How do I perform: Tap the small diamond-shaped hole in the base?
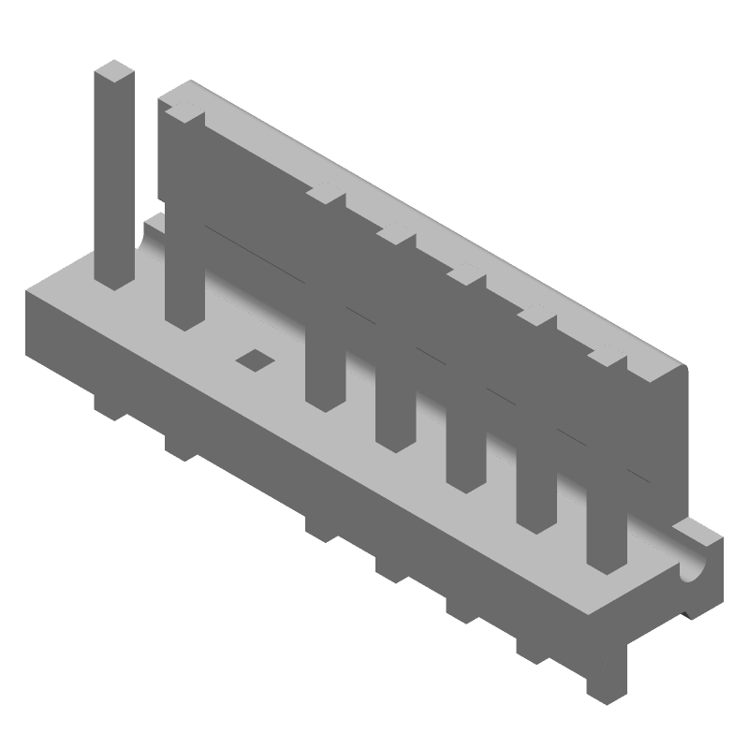253,359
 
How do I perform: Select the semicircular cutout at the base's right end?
695,566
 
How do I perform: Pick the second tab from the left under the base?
181,445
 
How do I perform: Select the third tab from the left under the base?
321,526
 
